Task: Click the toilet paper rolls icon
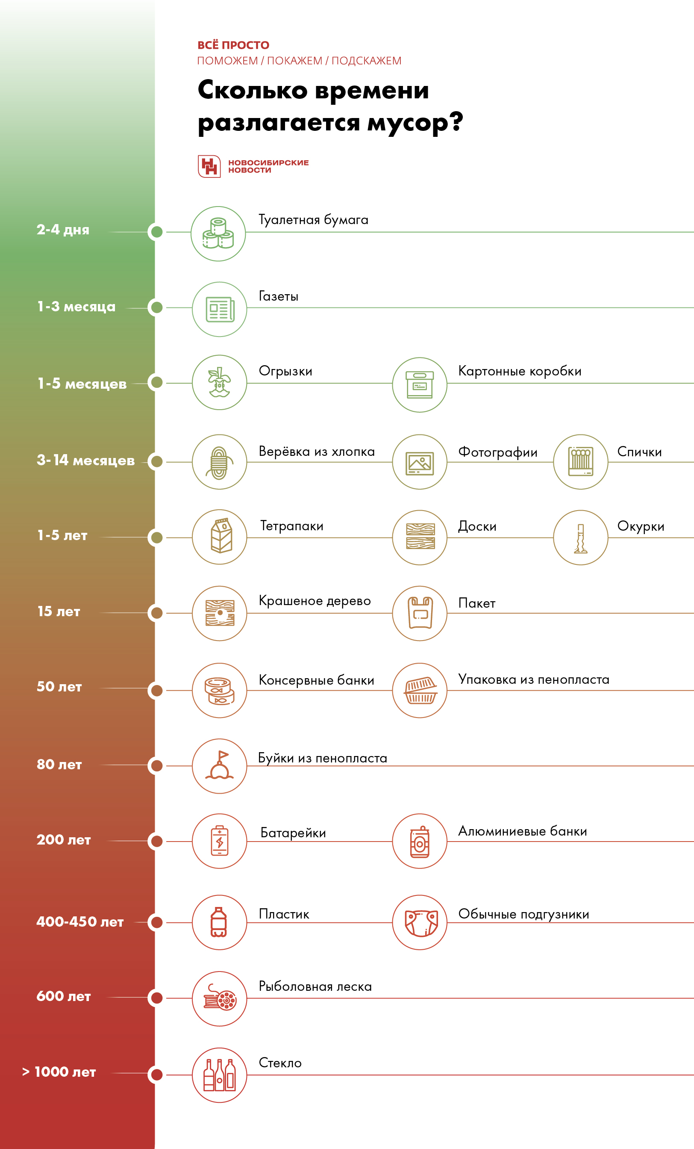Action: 218,233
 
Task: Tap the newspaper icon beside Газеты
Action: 220,309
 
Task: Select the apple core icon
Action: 220,382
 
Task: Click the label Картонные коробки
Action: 520,371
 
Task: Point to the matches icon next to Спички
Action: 580,462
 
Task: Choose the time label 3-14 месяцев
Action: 86,461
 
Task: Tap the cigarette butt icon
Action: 580,538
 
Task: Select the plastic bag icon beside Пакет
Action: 420,613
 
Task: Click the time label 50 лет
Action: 59,687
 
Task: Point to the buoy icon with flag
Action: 220,766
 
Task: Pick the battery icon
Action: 220,841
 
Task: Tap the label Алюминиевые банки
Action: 523,831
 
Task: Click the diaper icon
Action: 420,922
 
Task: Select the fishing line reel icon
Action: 220,998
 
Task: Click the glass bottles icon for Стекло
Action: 220,1075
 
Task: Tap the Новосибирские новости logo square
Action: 209,166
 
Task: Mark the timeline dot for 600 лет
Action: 157,998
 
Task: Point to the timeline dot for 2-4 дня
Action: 157,232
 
